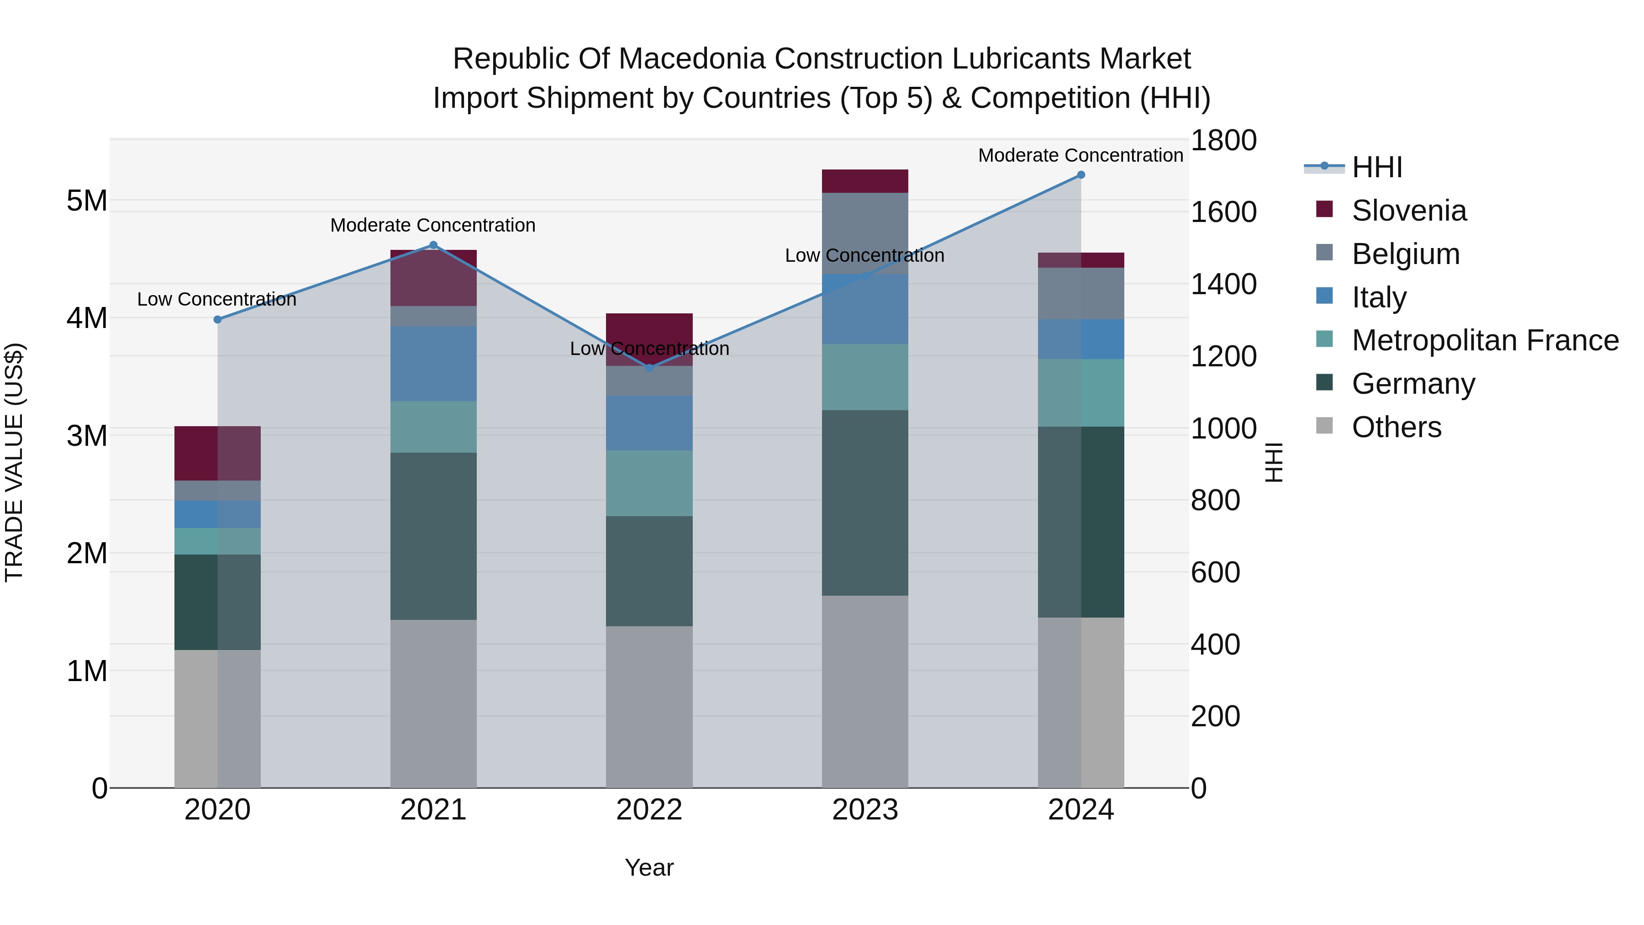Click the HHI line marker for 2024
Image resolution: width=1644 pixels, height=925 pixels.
click(1080, 174)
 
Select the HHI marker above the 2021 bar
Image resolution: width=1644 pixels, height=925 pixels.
click(433, 245)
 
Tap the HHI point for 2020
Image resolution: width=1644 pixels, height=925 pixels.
click(218, 319)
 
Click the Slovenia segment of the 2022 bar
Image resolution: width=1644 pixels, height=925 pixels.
click(649, 338)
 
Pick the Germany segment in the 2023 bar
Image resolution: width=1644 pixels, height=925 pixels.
click(865, 502)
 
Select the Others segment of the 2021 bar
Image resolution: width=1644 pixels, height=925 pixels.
click(433, 703)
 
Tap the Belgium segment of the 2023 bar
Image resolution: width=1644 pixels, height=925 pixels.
click(865, 233)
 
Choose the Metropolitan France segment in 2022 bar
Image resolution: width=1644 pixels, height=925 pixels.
click(649, 483)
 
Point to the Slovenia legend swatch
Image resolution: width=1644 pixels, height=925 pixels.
click(1325, 209)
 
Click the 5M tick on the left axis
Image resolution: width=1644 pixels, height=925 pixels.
click(87, 201)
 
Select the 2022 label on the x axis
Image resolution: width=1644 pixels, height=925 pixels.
click(649, 809)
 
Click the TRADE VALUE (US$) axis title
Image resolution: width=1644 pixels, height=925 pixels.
click(14, 462)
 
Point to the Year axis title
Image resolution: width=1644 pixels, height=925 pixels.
click(649, 867)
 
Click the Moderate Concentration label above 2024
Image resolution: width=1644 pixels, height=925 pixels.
click(1080, 155)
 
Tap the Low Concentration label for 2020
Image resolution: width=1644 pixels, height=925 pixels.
click(217, 299)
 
